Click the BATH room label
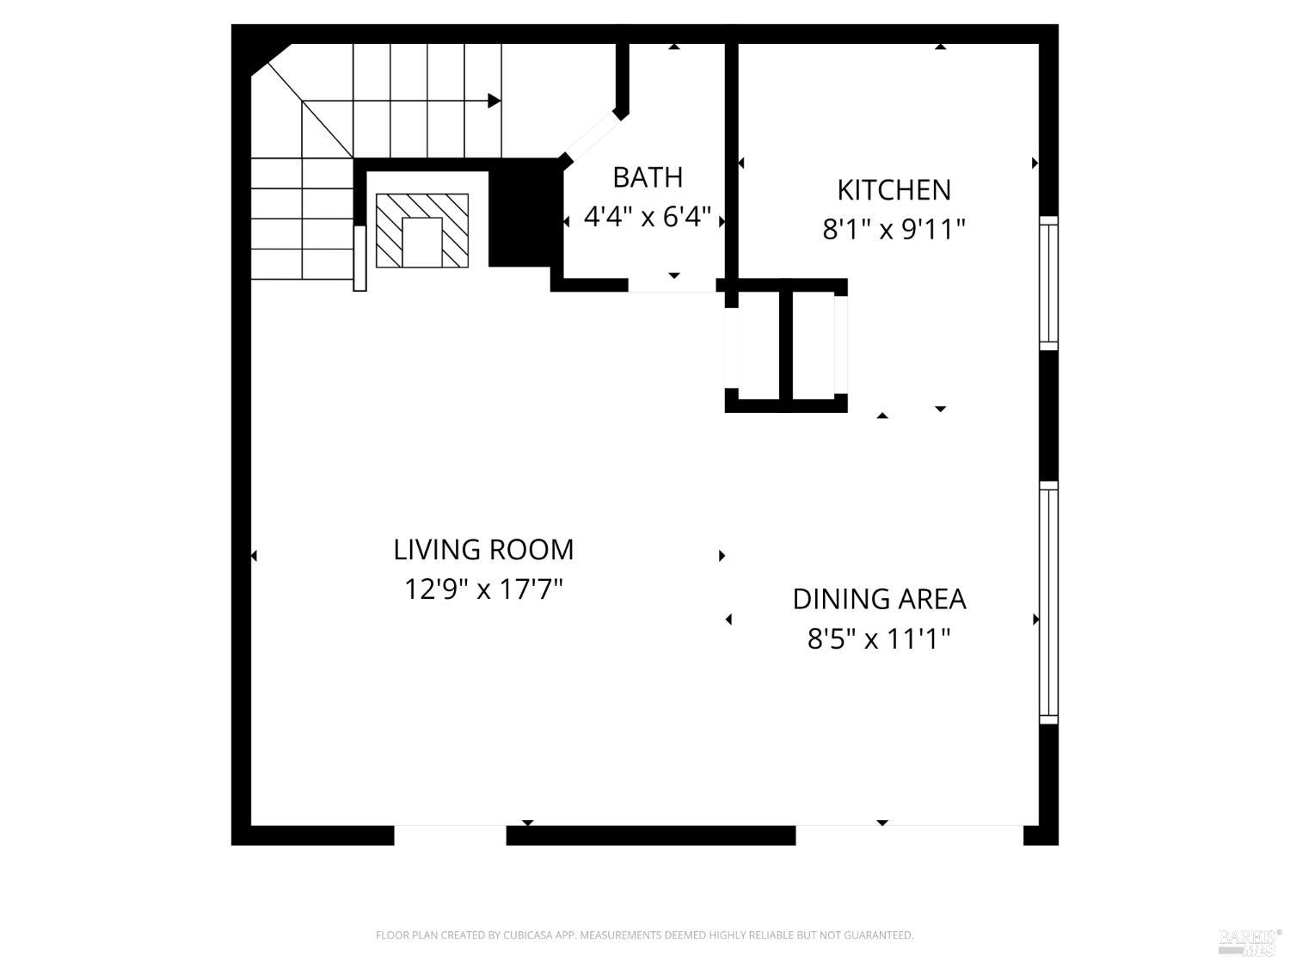click(647, 177)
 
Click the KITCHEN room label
click(894, 190)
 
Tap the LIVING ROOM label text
click(483, 550)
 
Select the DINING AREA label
click(879, 599)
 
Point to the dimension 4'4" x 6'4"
click(647, 217)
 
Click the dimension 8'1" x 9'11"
click(894, 230)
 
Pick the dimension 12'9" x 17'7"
click(483, 589)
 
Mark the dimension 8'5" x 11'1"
click(879, 639)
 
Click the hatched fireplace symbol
click(422, 231)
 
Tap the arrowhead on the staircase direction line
click(494, 101)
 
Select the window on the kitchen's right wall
click(1048, 283)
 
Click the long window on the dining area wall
click(1048, 602)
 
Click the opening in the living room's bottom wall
click(450, 835)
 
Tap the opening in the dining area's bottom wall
click(909, 835)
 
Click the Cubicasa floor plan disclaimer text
click(644, 935)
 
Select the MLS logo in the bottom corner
click(1249, 941)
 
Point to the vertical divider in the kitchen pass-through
click(785, 344)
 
